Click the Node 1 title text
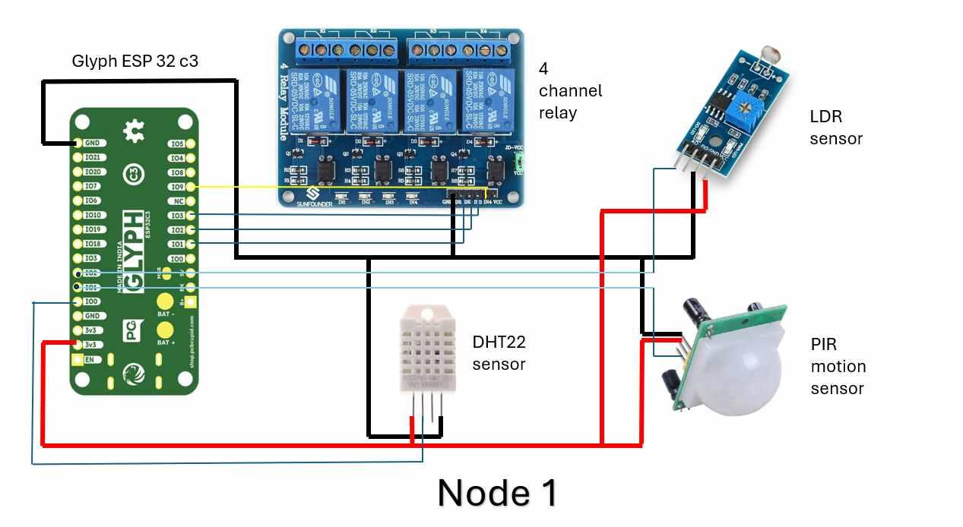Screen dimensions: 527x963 (498, 492)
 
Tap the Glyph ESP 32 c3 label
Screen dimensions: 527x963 (135, 62)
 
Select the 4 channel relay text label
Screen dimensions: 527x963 (569, 90)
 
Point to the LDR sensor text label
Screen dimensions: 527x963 (836, 128)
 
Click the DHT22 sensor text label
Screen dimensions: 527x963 (499, 353)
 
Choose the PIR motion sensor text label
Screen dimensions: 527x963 (838, 366)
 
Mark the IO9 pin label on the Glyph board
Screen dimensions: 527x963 (177, 187)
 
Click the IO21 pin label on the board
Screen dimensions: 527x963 (93, 158)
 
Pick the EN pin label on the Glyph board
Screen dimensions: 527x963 (90, 359)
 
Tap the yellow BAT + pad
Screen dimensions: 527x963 (164, 330)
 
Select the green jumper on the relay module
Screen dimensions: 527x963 (520, 160)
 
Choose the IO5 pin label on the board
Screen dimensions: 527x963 (177, 144)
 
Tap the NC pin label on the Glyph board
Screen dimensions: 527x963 (178, 201)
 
